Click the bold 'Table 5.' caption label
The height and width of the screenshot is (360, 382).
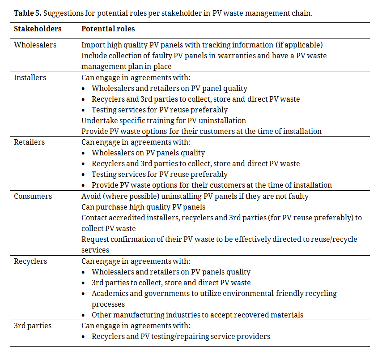[27, 13]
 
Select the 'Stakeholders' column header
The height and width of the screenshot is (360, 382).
[38, 29]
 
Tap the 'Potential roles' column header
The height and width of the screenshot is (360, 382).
[108, 29]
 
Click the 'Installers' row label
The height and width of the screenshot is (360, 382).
[30, 77]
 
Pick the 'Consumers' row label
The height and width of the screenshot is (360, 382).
[33, 197]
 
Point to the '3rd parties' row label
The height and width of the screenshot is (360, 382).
[33, 326]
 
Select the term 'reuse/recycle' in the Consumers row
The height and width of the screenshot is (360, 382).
[334, 240]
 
